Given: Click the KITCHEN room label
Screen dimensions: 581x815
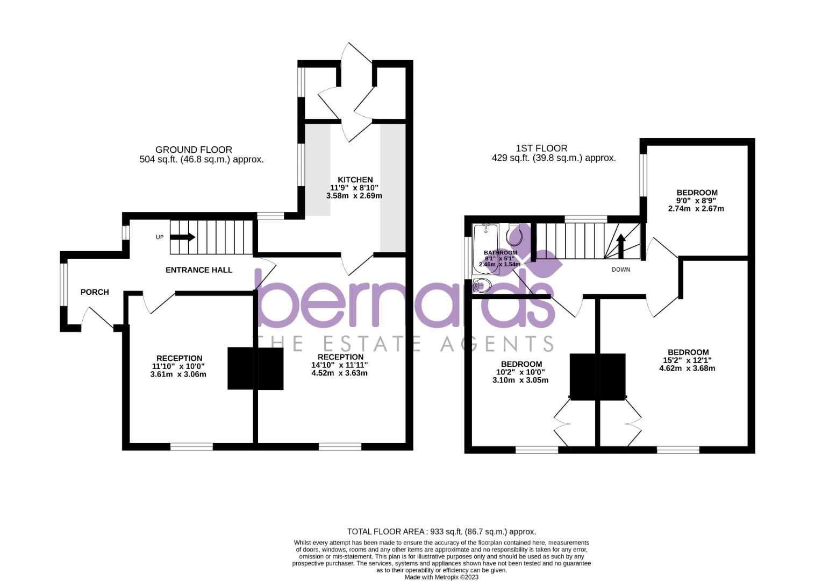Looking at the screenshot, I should click(355, 180).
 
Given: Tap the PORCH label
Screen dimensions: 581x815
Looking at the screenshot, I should click(95, 292).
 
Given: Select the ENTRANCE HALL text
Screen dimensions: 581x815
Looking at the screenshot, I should click(199, 270).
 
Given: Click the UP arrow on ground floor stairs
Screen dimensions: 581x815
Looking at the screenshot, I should click(183, 237).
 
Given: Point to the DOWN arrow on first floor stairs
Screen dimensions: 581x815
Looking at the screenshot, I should click(621, 246).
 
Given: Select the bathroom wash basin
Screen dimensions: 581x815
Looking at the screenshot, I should click(483, 286).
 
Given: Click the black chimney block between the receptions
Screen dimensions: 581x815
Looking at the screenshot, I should click(255, 369).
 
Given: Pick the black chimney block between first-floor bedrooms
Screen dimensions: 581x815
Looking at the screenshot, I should click(597, 377).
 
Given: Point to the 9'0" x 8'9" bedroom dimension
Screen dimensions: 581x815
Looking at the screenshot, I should click(697, 201).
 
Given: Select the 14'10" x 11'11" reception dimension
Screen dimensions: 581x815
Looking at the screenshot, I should click(340, 365).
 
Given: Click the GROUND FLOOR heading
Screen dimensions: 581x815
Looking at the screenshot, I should click(194, 150).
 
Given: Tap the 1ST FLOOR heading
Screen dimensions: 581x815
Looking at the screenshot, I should click(541, 148).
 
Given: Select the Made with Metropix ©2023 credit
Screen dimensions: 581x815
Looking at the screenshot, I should click(441, 577).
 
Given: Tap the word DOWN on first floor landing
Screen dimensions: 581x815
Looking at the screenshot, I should click(621, 270).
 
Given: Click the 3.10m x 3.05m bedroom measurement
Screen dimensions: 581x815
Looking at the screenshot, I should click(520, 380).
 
